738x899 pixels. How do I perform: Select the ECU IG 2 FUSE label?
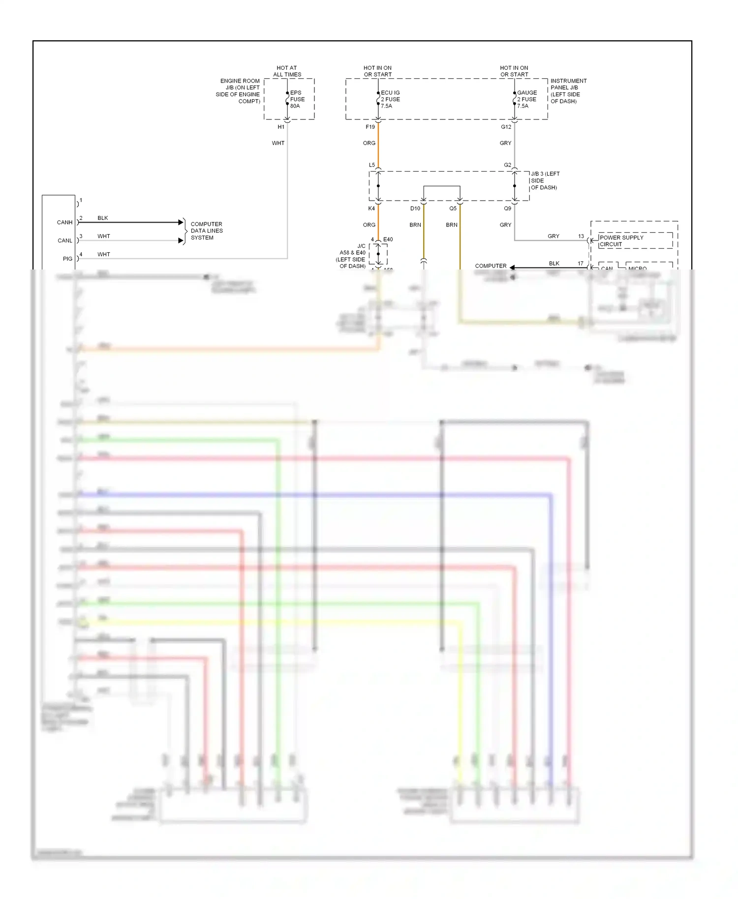point(390,99)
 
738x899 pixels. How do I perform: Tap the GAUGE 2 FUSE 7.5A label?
point(527,99)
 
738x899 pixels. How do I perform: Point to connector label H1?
point(281,127)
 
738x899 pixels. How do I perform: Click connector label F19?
point(370,127)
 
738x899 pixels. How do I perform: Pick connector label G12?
point(506,127)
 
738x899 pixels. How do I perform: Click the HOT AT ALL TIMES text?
point(287,71)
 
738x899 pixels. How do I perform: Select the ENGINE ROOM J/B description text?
point(239,91)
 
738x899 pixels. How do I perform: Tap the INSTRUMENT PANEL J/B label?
point(568,91)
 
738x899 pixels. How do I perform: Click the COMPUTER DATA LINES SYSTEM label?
point(207,231)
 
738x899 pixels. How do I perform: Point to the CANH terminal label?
point(64,222)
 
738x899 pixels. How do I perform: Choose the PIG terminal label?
point(67,259)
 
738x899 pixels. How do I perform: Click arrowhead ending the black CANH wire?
point(181,222)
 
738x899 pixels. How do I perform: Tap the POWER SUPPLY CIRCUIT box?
point(635,240)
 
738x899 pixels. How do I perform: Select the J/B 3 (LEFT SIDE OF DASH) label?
point(545,180)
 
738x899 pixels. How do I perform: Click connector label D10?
point(415,209)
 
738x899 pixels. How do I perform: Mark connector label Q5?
point(453,209)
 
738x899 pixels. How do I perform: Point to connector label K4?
point(371,209)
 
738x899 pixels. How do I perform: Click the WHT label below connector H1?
point(278,143)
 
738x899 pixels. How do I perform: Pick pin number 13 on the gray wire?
point(581,236)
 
